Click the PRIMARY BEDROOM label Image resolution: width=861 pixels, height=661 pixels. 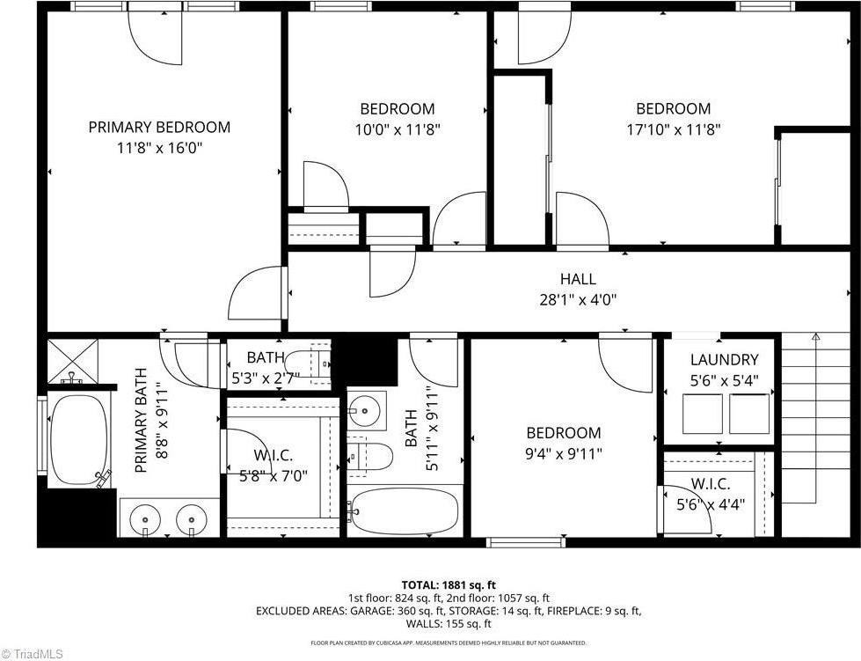tap(159, 128)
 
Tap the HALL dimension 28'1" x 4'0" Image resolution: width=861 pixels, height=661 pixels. tap(577, 299)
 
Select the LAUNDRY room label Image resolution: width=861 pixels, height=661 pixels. tap(724, 359)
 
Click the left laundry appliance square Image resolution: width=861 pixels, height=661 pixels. tap(702, 414)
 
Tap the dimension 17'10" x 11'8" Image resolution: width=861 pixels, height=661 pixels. tap(673, 129)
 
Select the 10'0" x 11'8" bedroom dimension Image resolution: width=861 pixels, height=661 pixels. tap(397, 129)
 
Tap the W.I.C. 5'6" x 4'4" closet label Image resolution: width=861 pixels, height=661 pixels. tap(708, 496)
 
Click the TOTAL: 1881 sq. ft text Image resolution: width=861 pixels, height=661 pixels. tap(449, 584)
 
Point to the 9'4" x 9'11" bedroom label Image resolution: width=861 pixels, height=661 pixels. tap(564, 443)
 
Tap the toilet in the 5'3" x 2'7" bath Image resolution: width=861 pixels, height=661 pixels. tap(308, 363)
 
